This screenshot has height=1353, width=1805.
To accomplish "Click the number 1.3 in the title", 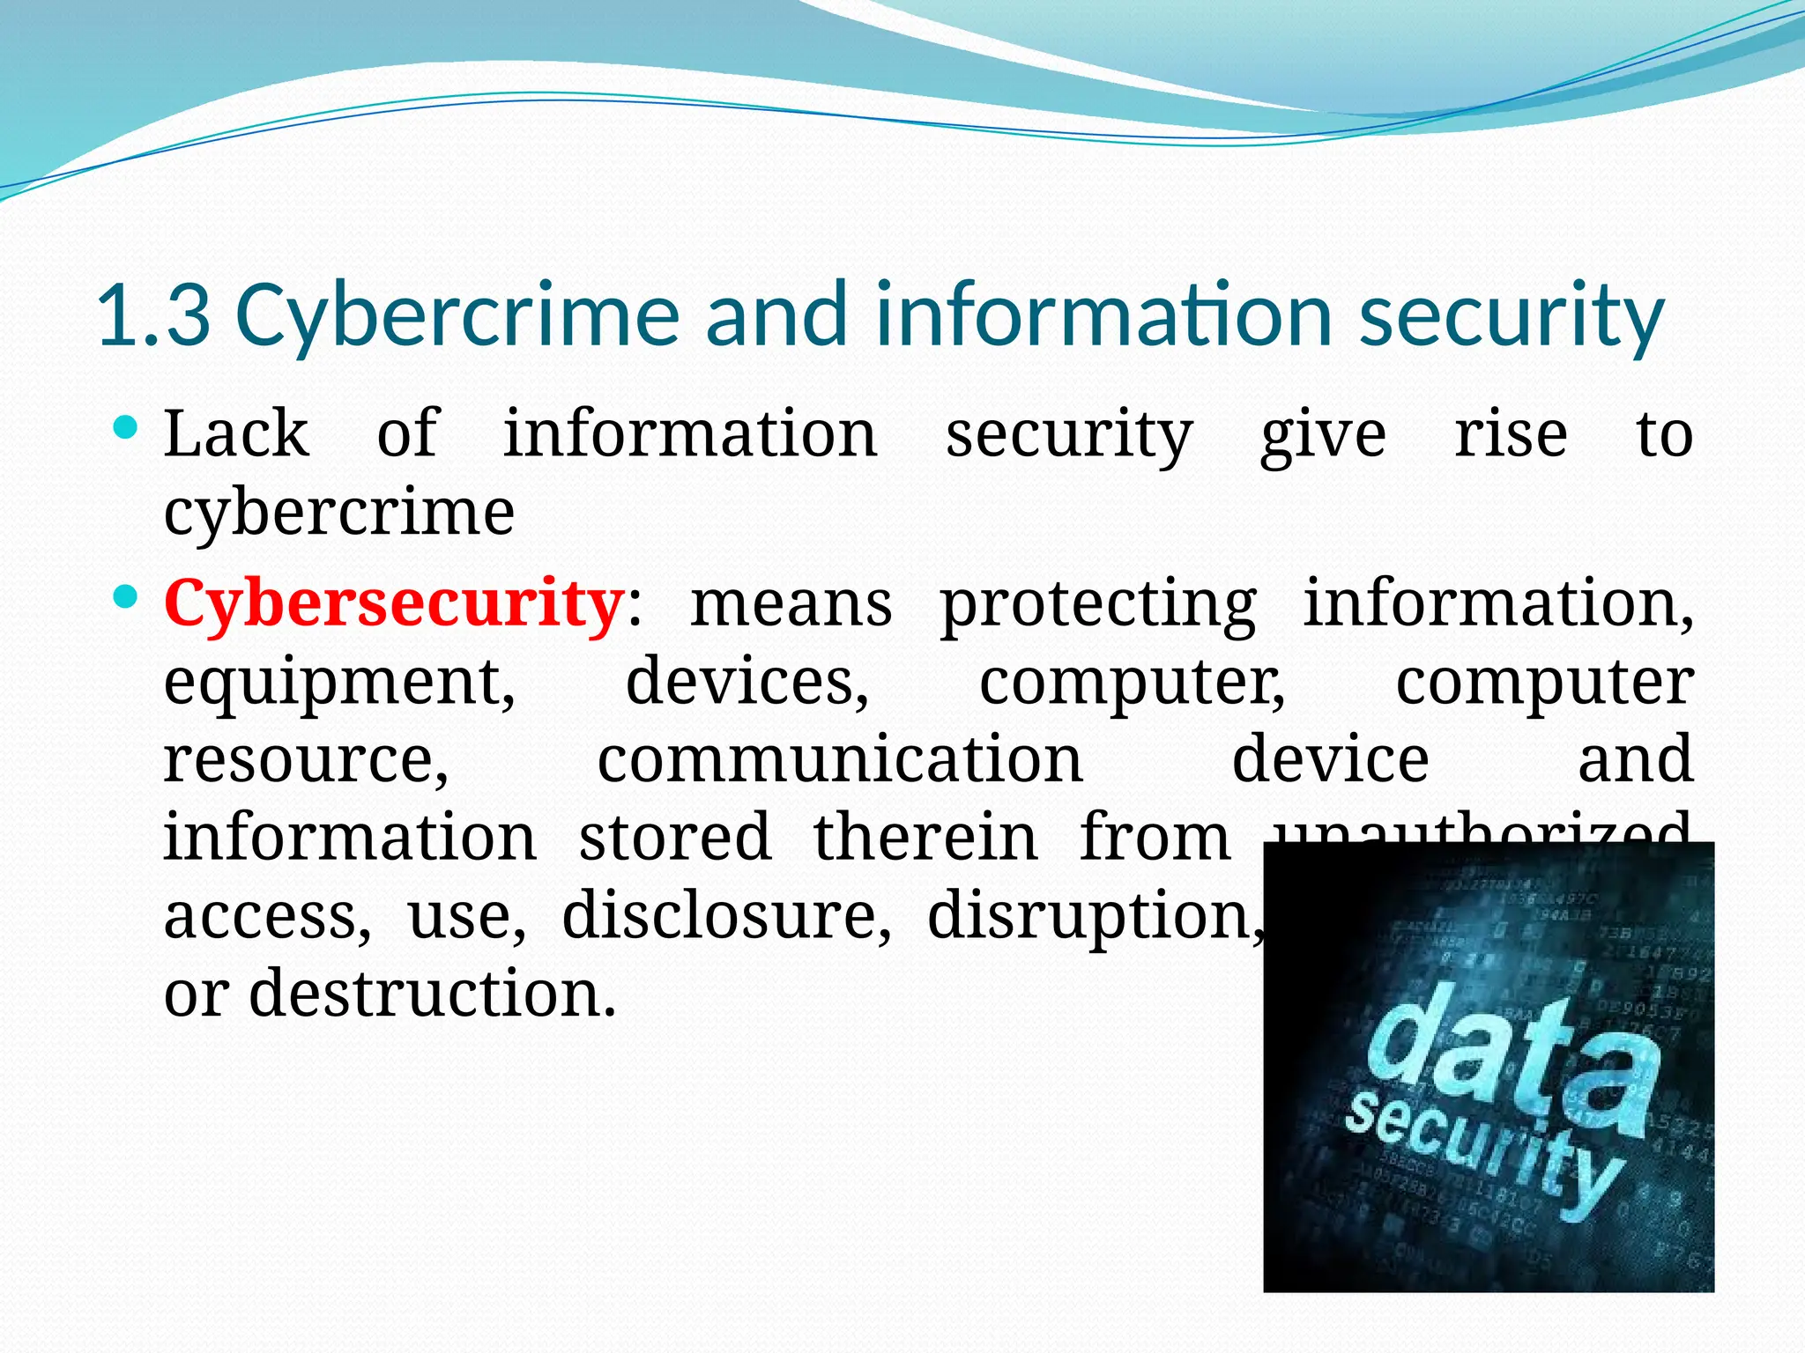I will (154, 314).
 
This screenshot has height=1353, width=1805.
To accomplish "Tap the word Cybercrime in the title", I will (457, 314).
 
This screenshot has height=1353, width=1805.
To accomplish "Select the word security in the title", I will (1511, 314).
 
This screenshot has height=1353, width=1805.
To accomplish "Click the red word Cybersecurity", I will (394, 603).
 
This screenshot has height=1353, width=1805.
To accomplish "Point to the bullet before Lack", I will (127, 429).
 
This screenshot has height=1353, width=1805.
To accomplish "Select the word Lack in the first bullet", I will (236, 434).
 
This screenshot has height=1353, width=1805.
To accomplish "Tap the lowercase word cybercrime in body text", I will (339, 513).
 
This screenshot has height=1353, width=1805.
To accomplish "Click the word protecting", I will (1098, 605).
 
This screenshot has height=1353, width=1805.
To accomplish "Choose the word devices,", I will (747, 682).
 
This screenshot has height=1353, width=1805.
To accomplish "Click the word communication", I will (840, 759).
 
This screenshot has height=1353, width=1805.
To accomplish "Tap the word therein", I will (925, 838).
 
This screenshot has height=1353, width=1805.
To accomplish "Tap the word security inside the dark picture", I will (1481, 1158).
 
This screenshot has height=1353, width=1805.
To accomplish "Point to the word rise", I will (1511, 434).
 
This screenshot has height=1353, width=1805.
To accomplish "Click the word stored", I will (675, 838).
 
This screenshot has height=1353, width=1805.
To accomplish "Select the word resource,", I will (306, 759).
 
